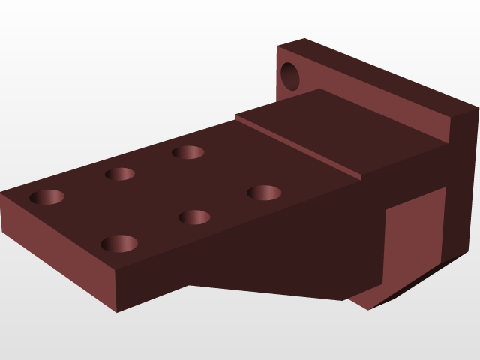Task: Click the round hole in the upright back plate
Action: [x=289, y=76]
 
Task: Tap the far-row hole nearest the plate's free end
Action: [x=46, y=197]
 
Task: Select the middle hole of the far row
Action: [x=120, y=174]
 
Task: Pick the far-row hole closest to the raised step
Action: [x=188, y=152]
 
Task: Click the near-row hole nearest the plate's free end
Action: [x=119, y=243]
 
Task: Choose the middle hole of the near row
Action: [x=194, y=217]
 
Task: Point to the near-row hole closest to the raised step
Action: [x=264, y=193]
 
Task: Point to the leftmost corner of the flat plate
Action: [x=1, y=193]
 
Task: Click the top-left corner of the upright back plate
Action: [x=277, y=46]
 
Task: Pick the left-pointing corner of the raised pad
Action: [x=235, y=115]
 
